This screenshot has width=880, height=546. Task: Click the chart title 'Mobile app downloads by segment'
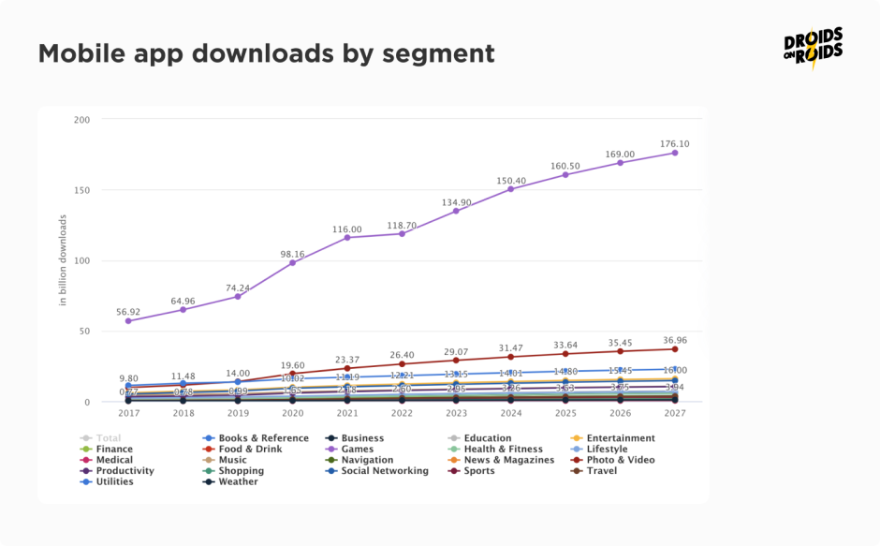click(x=266, y=54)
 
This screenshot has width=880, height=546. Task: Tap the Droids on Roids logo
click(x=813, y=48)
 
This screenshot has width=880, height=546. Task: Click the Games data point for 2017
click(x=128, y=321)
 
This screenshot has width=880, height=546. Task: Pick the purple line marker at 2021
click(x=346, y=238)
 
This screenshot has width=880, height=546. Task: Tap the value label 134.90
click(x=456, y=201)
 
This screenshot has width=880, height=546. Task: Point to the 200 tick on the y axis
click(x=81, y=120)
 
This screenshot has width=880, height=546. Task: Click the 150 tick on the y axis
click(x=81, y=190)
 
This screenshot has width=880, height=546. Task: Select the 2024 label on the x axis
click(x=510, y=413)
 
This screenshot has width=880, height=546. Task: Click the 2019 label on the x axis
click(x=237, y=413)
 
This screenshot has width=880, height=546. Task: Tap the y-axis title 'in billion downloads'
click(x=63, y=260)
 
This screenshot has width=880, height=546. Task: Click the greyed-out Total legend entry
click(x=107, y=438)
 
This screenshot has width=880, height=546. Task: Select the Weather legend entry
click(x=238, y=482)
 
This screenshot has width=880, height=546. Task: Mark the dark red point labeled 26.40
click(x=402, y=364)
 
